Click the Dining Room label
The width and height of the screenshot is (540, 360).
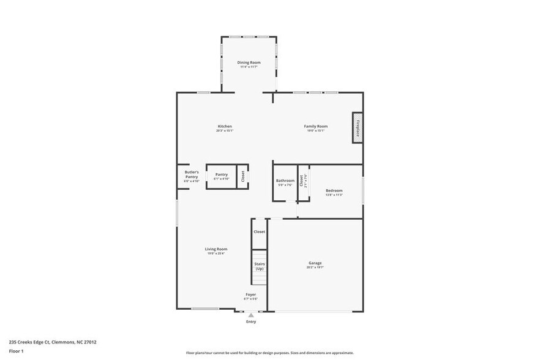249,62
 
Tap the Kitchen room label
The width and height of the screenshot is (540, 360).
224,126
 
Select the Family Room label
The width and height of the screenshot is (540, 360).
316,126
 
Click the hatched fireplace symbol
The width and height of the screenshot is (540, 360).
357,128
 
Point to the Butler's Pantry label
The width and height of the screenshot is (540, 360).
192,174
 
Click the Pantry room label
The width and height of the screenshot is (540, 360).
221,174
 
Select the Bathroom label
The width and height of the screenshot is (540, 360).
285,181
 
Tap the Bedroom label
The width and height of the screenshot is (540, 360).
334,190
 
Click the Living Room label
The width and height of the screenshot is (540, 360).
216,249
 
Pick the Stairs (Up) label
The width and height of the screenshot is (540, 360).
260,266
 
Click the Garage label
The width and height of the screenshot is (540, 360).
315,263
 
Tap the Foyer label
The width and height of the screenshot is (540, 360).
251,294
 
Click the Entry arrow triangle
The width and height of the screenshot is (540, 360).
251,315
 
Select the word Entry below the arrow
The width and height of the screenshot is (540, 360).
251,321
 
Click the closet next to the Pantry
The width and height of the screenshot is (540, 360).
242,176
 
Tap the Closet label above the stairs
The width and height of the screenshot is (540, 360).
260,232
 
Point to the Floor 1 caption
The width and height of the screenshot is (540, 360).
16,351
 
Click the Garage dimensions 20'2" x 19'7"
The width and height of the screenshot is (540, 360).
315,268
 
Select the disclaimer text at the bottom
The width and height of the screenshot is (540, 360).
269,353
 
